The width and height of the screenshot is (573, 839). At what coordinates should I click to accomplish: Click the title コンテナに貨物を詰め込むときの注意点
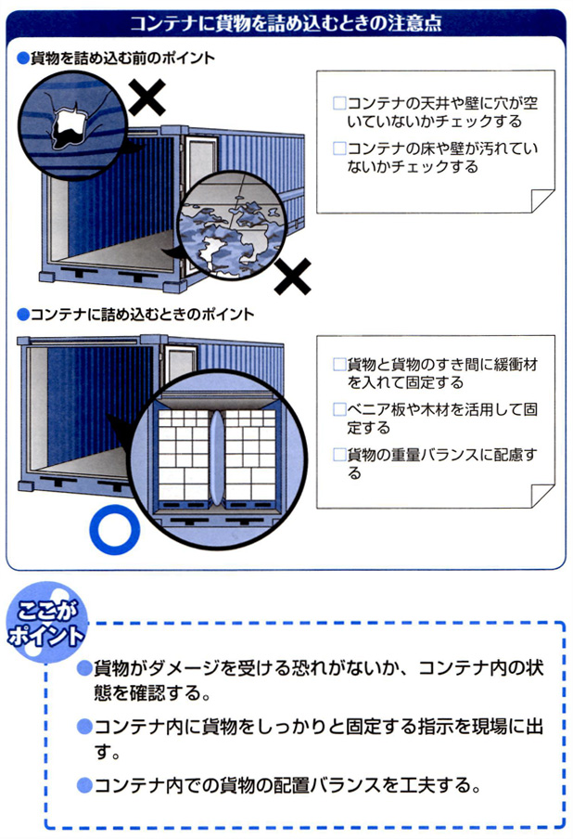point(286,22)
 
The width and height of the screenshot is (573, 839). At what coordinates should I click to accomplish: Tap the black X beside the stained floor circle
point(294,274)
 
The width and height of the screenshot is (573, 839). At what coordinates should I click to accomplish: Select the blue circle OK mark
point(114,532)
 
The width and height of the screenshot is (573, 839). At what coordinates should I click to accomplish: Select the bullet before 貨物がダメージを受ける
point(84,668)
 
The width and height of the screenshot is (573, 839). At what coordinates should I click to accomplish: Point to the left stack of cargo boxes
point(184,454)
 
